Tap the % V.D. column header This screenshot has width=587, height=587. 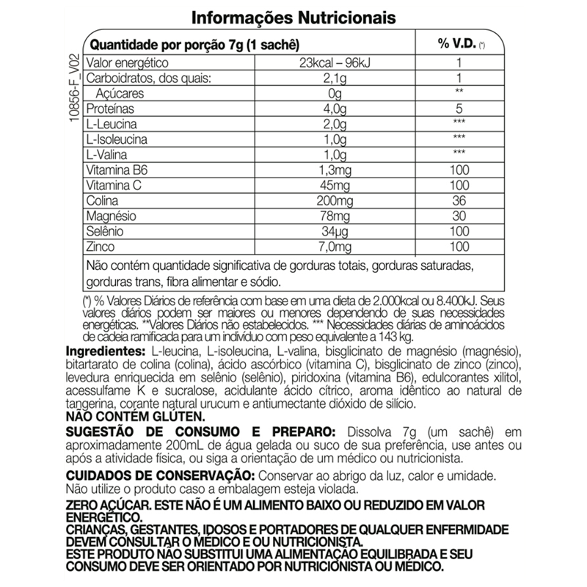click(x=459, y=45)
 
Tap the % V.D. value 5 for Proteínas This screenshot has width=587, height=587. click(x=459, y=110)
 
